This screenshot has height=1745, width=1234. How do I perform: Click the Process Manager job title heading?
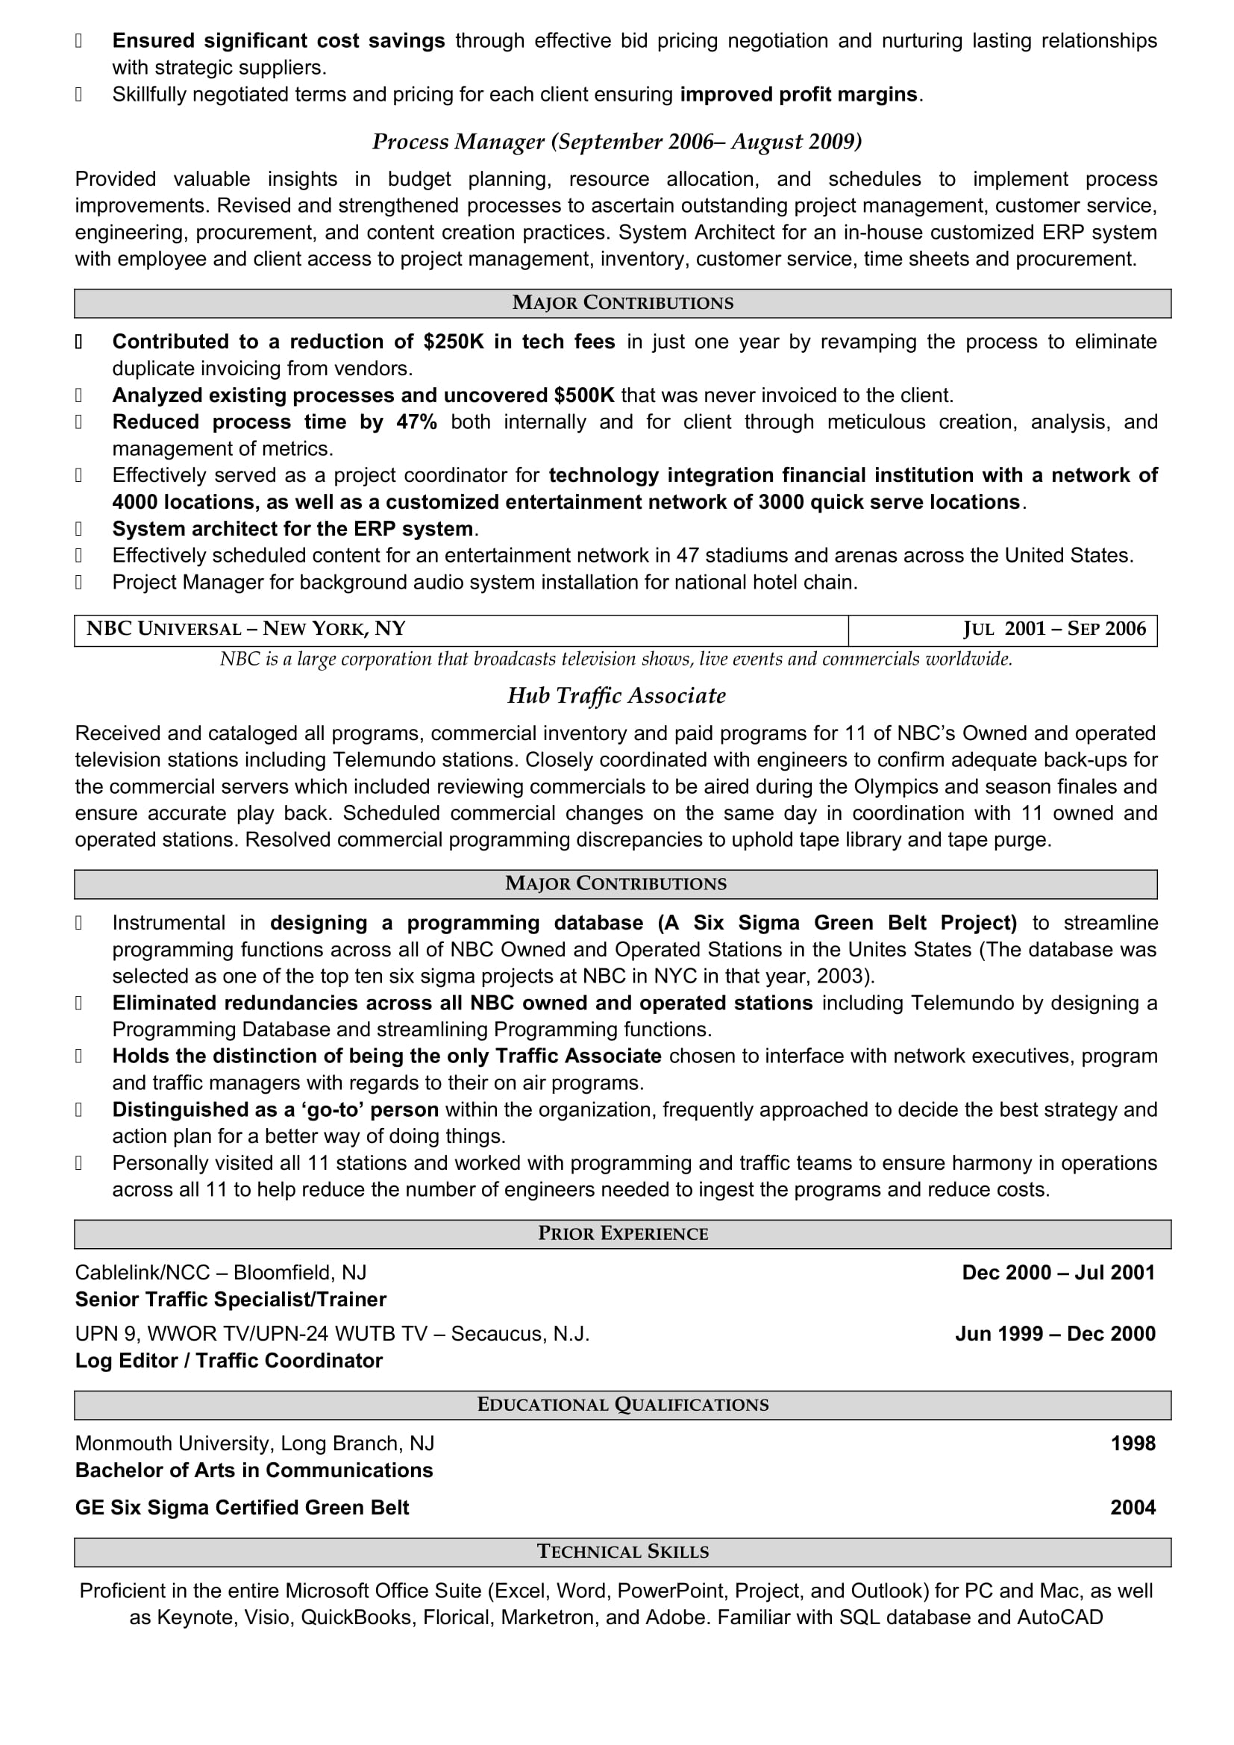point(616,142)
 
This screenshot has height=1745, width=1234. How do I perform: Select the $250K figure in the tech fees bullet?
point(454,342)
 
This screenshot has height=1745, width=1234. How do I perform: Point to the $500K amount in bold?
point(583,395)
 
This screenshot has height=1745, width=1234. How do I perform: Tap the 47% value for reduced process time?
point(416,422)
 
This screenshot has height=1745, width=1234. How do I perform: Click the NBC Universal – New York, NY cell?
point(460,630)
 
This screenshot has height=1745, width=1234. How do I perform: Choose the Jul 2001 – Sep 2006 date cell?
point(1002,630)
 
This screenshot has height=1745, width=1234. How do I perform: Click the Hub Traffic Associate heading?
point(616,696)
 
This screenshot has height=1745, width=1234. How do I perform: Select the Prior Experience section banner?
point(622,1233)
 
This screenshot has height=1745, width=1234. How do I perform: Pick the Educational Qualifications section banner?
point(622,1405)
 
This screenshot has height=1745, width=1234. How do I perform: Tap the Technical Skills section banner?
point(622,1551)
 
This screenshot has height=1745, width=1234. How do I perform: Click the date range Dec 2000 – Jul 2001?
point(1058,1273)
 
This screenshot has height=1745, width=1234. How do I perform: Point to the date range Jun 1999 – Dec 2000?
point(1055,1334)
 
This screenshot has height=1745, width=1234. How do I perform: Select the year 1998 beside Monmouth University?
point(1133,1444)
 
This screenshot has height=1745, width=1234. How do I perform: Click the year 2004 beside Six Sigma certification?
point(1133,1508)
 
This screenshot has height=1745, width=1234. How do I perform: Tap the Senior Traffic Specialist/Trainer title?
point(231,1300)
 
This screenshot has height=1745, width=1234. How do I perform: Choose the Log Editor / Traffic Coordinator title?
point(229,1361)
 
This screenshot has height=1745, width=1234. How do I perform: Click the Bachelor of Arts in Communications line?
point(254,1470)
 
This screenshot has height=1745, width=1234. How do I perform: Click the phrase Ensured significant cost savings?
point(278,41)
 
